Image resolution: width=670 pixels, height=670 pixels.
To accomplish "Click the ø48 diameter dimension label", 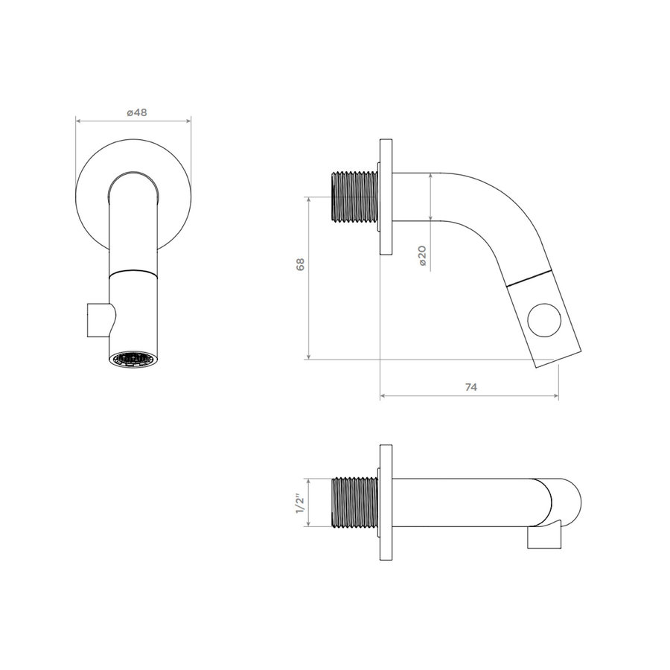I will [136, 112].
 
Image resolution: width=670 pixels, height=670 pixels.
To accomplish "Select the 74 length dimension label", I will [470, 386].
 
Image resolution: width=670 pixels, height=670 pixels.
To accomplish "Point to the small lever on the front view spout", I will [98, 320].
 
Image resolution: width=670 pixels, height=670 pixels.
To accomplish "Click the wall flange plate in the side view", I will [386, 197].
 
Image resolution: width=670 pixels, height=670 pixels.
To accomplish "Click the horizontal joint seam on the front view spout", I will [134, 272].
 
